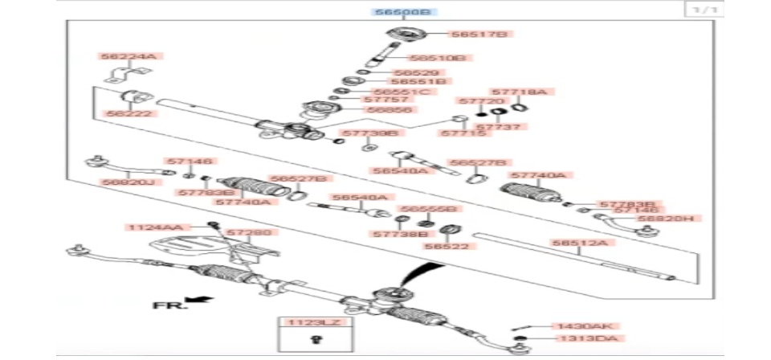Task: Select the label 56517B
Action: [x=479, y=34]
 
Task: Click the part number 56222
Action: [x=124, y=114]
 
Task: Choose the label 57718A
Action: [x=518, y=92]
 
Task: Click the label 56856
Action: [x=389, y=109]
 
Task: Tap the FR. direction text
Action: [x=169, y=305]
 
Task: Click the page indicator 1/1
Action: [x=700, y=10]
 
